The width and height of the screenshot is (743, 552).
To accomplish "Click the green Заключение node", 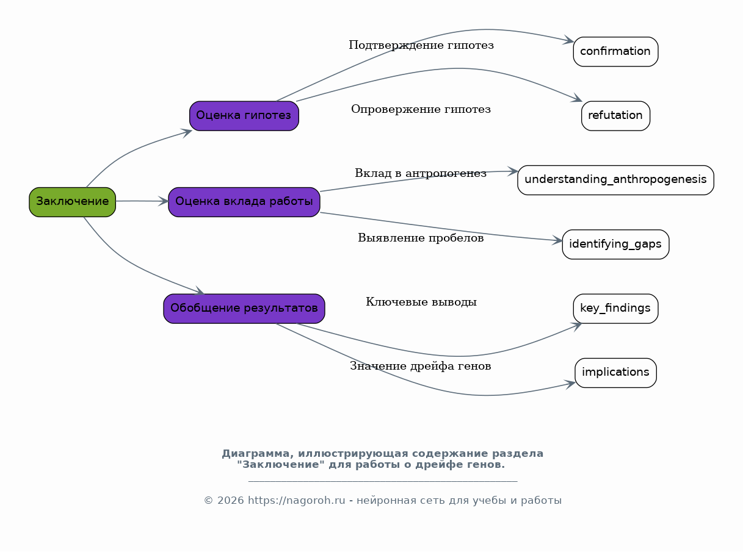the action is [x=73, y=202].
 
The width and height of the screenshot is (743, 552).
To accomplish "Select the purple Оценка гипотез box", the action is [x=244, y=116].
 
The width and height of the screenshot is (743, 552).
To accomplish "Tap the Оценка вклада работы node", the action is [x=244, y=202].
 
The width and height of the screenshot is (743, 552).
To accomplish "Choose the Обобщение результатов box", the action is [x=244, y=309].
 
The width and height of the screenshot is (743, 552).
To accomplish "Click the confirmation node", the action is [x=615, y=52].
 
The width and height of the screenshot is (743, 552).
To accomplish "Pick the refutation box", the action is [x=615, y=116].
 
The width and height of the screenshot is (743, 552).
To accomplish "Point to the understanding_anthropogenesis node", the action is [x=615, y=180].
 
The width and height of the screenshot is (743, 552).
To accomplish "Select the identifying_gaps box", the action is [x=615, y=245].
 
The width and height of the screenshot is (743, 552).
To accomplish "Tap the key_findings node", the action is [x=615, y=309].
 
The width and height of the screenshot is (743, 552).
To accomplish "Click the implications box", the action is [x=615, y=373].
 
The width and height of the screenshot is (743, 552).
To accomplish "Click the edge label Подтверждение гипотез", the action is [x=421, y=45].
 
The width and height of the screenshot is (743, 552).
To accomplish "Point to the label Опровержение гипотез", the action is [x=421, y=109].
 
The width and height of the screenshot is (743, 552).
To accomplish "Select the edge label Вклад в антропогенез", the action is [x=421, y=173].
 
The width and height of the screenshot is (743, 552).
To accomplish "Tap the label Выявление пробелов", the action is [x=421, y=238].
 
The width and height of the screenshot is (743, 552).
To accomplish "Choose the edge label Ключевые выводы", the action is [x=421, y=302].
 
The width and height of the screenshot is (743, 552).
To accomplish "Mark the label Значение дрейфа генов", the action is [x=421, y=366].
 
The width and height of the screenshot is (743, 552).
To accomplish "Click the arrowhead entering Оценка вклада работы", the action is [x=163, y=201].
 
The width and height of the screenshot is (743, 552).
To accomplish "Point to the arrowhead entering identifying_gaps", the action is [x=557, y=240].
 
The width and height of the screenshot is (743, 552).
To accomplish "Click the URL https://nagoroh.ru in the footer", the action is [x=296, y=500].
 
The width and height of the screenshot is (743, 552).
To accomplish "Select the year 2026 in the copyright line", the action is [x=231, y=500].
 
